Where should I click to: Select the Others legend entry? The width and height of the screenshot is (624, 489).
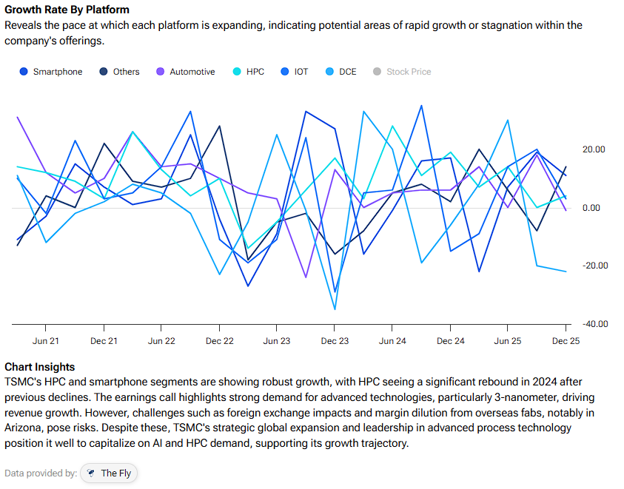coord(118,72)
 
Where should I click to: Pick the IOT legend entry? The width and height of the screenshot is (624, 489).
coord(295,72)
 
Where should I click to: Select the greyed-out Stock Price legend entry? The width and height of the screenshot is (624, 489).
coord(402,72)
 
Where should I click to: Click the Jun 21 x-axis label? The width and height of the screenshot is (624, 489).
coord(46,341)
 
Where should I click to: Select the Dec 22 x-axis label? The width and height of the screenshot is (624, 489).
coord(219,341)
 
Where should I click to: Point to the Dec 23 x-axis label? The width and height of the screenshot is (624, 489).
coord(335,341)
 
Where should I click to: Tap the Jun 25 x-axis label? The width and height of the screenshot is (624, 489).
coord(508,341)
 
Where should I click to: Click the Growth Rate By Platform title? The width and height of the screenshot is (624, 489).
coord(67,10)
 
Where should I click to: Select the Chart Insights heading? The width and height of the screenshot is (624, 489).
coord(39,367)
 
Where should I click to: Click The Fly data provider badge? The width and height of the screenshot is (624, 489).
coord(110,473)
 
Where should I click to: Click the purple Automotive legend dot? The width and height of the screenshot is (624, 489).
coord(160,72)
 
